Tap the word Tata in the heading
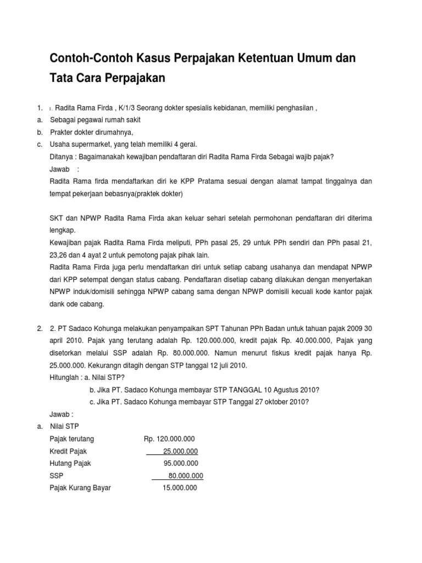pyautogui.click(x=61, y=79)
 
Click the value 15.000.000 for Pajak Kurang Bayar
pyautogui.click(x=180, y=487)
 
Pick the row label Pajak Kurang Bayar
pyautogui.click(x=80, y=487)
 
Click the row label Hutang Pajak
pyautogui.click(x=70, y=463)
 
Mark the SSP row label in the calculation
pyautogui.click(x=56, y=475)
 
